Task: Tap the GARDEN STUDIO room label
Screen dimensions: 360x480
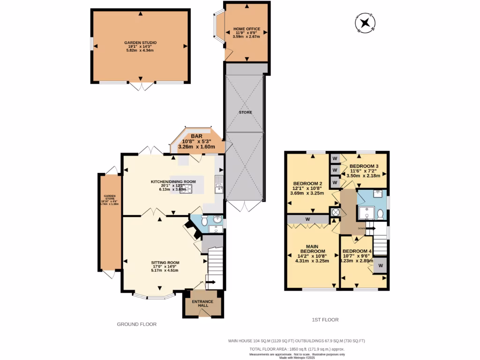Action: click(141, 43)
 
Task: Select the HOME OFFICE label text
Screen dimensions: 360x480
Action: click(247, 29)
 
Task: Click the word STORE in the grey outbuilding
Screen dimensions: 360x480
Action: click(245, 112)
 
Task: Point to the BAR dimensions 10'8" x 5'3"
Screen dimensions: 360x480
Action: click(195, 141)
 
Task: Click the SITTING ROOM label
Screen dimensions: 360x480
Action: click(165, 262)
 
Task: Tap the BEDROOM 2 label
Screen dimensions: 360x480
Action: click(307, 183)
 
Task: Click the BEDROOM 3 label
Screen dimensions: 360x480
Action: click(364, 166)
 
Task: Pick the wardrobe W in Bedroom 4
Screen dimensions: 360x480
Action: click(380, 266)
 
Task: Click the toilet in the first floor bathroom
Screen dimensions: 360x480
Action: click(380, 214)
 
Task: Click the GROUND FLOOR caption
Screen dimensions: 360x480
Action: click(136, 324)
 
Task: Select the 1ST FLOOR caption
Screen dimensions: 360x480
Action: click(325, 320)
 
